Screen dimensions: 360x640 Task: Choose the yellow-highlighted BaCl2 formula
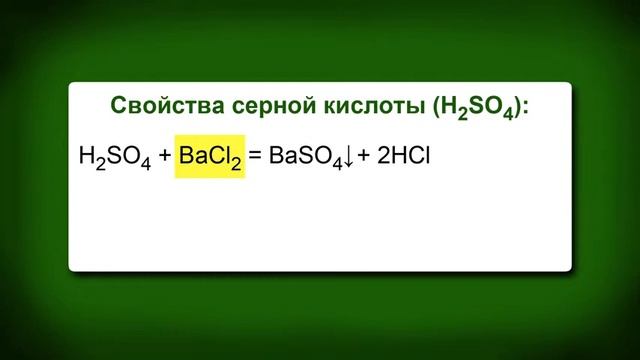(x=210, y=157)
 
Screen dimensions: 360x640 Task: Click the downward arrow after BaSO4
(x=348, y=157)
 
